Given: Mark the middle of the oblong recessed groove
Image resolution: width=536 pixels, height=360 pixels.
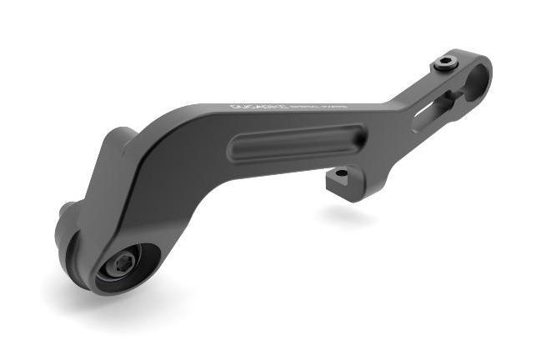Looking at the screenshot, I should [298, 142].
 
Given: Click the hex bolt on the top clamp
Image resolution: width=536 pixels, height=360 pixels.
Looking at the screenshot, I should [446, 63].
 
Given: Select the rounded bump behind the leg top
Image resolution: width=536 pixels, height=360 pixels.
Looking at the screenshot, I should [121, 136].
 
